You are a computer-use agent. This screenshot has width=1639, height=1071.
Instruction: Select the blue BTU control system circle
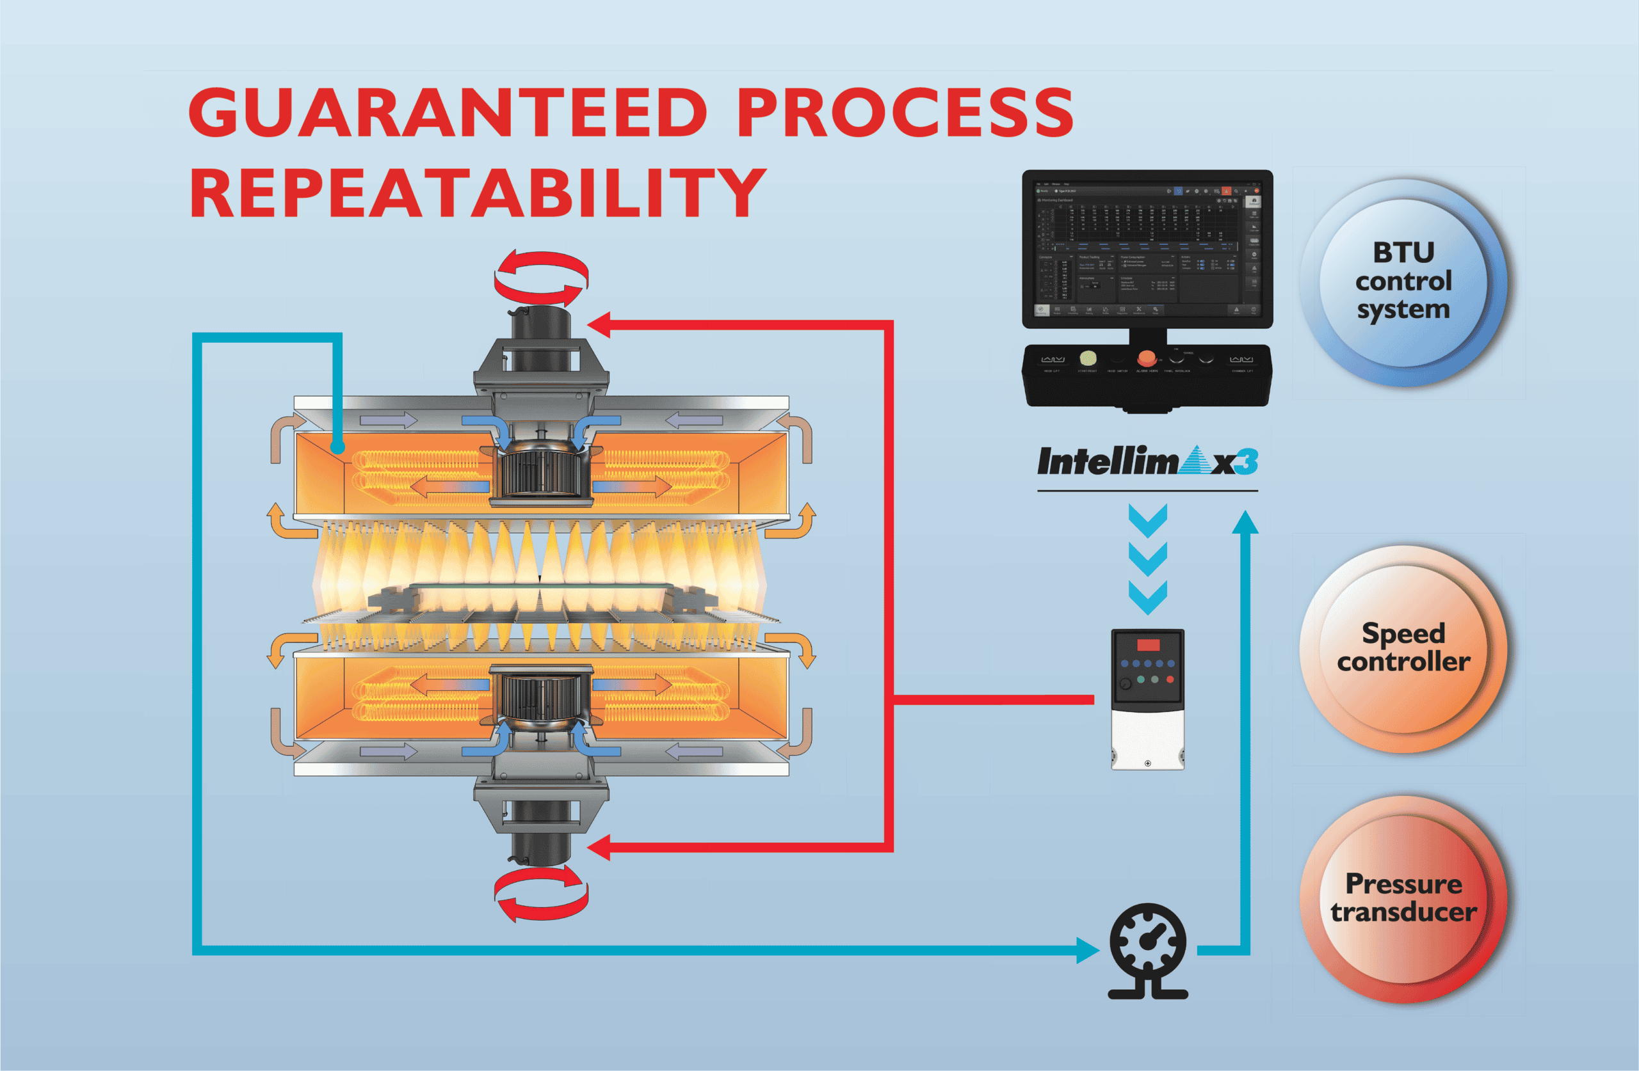(1403, 282)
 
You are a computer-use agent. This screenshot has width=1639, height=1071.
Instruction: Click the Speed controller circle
(1403, 648)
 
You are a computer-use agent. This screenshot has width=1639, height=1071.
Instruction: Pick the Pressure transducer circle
(1403, 898)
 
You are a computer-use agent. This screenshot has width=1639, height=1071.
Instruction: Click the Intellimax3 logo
(1147, 462)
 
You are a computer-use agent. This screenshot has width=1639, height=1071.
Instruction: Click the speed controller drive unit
(1147, 699)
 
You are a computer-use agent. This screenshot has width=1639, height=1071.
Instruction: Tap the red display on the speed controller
(1148, 645)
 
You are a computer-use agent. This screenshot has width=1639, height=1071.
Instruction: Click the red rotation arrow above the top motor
(541, 278)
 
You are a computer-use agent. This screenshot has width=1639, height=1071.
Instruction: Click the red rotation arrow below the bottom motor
(541, 893)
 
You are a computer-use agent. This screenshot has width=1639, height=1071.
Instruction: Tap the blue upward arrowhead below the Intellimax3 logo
(1245, 523)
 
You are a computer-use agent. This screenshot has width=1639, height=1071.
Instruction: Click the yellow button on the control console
(1087, 358)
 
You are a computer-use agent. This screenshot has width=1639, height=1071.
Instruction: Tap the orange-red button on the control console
(1147, 358)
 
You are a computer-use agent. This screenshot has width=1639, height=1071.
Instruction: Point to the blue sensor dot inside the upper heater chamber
(337, 447)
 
